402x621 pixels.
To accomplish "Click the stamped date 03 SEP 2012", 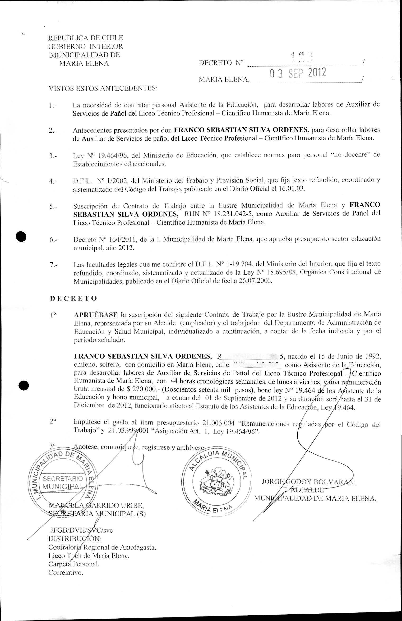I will (x=298, y=73).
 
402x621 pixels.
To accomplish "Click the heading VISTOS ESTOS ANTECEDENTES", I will (x=103, y=88).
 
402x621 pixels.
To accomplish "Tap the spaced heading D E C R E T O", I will (x=73, y=298).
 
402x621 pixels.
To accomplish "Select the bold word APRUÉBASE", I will (x=96, y=315).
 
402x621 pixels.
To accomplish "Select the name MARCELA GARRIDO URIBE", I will (x=96, y=506).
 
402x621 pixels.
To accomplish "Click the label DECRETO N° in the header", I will (x=221, y=63).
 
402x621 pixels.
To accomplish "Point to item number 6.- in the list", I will (x=54, y=239).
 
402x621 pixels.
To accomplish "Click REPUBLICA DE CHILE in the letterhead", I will (x=86, y=38).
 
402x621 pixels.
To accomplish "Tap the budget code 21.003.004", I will (x=218, y=423).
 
